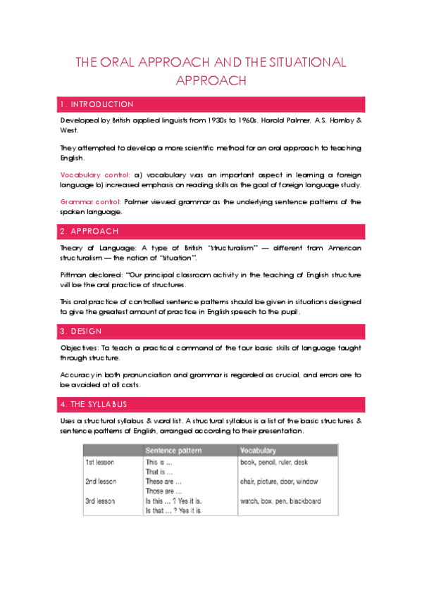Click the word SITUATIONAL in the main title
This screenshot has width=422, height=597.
tap(307, 63)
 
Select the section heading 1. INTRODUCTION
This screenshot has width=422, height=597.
tap(97, 104)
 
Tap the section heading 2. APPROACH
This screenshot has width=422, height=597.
tap(89, 231)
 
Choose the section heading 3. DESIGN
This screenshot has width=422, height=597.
tap(82, 332)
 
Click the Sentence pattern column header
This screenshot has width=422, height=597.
tap(174, 450)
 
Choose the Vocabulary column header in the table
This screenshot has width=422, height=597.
tap(259, 450)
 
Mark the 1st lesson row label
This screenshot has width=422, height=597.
tap(101, 463)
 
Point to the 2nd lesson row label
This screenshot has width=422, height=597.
tap(102, 482)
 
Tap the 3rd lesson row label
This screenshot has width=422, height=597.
tap(102, 501)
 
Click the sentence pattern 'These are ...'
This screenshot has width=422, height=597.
tap(163, 482)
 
